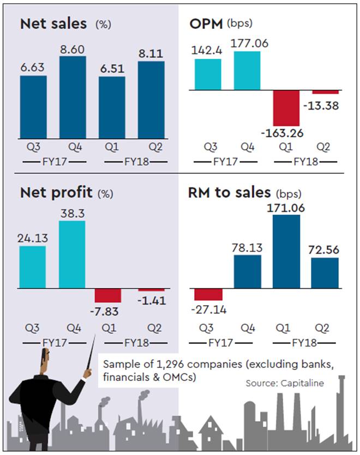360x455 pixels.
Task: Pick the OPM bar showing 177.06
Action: tap(247, 73)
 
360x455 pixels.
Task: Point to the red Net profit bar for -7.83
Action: tap(107, 295)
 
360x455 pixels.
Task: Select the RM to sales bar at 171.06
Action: tap(286, 251)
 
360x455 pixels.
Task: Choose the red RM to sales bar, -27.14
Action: tap(208, 294)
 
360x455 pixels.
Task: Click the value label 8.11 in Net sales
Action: tap(152, 52)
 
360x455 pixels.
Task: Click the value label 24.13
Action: tap(33, 238)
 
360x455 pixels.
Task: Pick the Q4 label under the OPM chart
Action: tap(247, 147)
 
